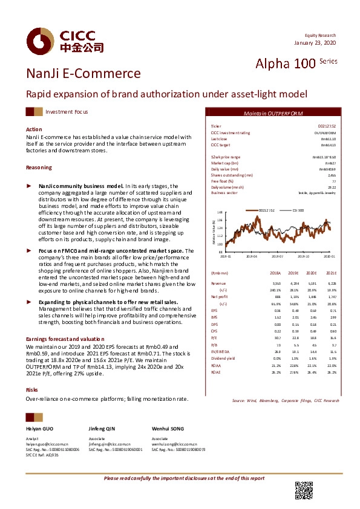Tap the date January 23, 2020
pos(314,43)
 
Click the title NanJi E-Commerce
pos(83,74)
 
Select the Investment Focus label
pos(67,112)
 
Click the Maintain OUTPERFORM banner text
pos(273,114)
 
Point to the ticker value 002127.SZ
pos(326,126)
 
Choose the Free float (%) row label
pos(222,181)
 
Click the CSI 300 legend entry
pos(299,210)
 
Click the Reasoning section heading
pos(38,167)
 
